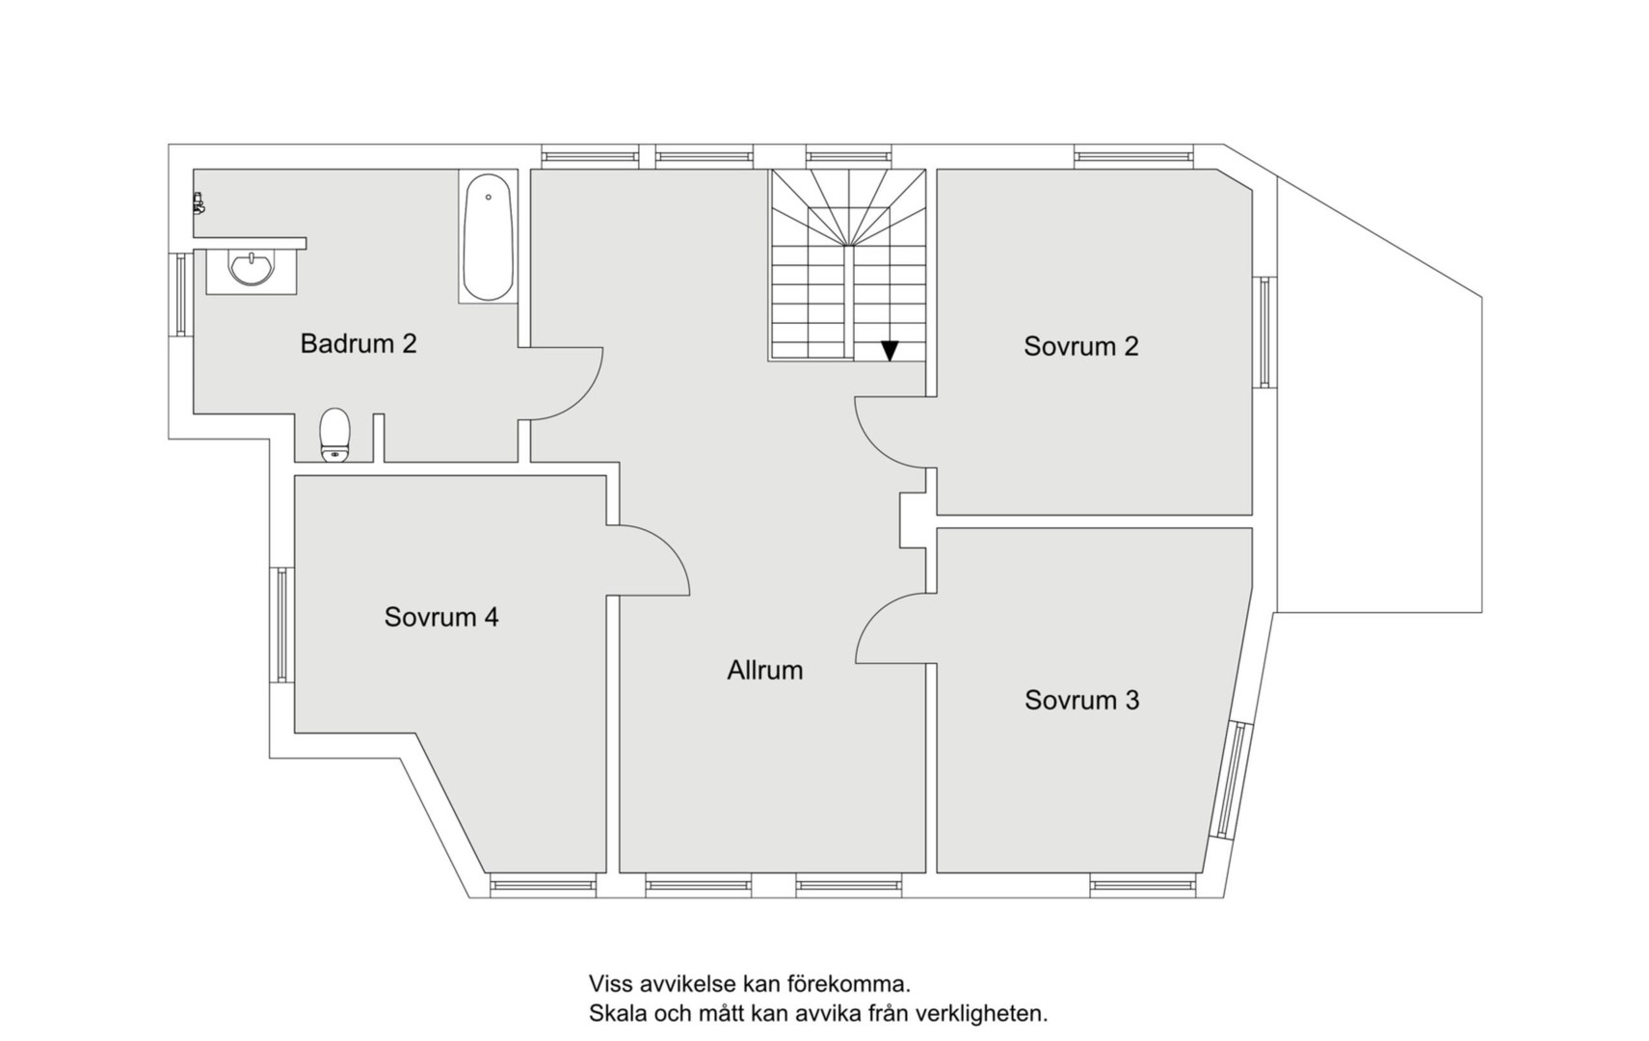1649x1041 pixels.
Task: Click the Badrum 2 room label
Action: click(359, 344)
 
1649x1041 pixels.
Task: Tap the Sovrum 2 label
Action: click(1080, 346)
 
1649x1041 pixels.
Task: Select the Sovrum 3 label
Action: click(1081, 700)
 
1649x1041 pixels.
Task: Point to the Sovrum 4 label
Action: click(441, 617)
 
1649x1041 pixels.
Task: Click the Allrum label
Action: click(765, 670)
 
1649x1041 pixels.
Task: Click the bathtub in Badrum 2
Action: click(488, 237)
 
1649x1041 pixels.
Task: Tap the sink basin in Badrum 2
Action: click(252, 269)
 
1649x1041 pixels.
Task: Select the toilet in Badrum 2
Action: click(335, 435)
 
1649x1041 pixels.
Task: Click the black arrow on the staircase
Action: click(890, 351)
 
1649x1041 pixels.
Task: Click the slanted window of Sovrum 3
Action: click(1232, 780)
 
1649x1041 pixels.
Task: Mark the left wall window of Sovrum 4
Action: click(282, 625)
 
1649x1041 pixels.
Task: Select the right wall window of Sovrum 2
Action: click(1264, 332)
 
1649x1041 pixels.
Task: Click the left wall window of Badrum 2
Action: click(181, 295)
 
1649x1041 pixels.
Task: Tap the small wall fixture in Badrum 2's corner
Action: click(198, 202)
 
